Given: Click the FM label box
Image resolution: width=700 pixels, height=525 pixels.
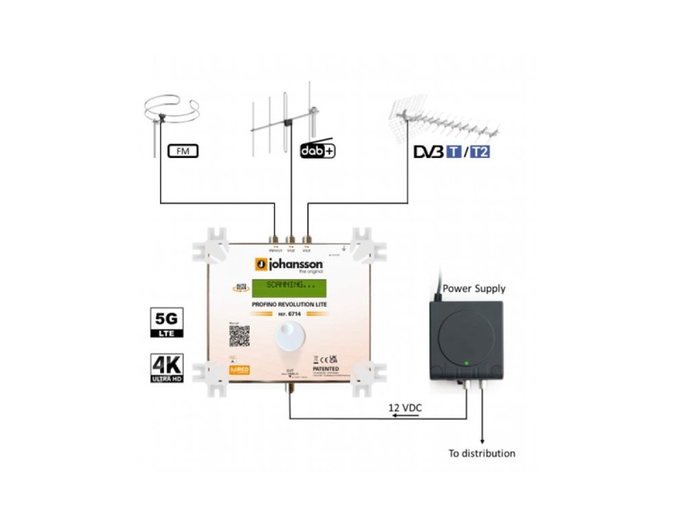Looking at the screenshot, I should click(183, 150).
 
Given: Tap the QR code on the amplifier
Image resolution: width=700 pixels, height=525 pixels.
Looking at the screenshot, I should click(239, 336).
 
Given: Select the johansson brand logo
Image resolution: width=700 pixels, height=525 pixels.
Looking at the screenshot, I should click(288, 265).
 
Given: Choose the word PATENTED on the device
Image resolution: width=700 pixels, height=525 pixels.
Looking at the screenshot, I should click(326, 369).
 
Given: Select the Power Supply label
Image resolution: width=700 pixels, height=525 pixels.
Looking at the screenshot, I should click(474, 288).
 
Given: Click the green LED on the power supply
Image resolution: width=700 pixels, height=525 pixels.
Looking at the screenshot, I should click(465, 362).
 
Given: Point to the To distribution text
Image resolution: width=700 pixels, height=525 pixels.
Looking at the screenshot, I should click(482, 453).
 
